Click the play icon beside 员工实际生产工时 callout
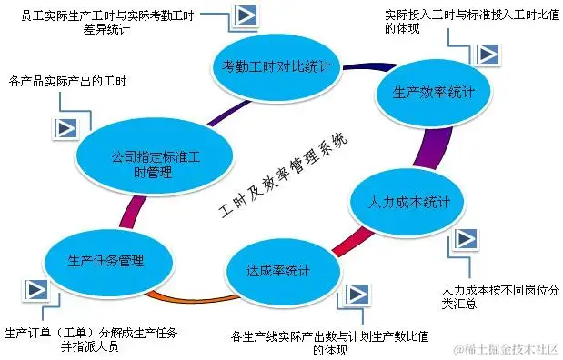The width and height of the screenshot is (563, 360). (x=242, y=16)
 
